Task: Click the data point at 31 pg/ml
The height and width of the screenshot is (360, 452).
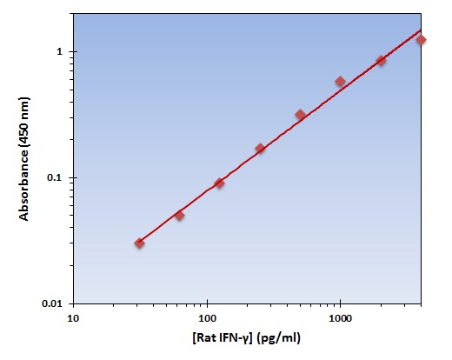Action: pyautogui.click(x=139, y=243)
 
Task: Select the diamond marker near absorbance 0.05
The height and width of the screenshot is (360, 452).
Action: pyautogui.click(x=179, y=215)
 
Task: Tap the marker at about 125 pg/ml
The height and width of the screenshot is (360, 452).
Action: pyautogui.click(x=219, y=183)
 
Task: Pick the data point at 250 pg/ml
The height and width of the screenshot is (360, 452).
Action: pyautogui.click(x=260, y=149)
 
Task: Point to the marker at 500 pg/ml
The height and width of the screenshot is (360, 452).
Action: pyautogui.click(x=300, y=115)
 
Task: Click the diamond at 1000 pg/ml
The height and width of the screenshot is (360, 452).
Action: pyautogui.click(x=340, y=82)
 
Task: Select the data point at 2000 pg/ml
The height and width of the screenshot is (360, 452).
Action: pyautogui.click(x=381, y=61)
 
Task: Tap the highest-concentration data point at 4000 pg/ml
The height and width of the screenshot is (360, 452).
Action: pyautogui.click(x=421, y=40)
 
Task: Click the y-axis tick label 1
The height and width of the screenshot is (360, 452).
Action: pyautogui.click(x=61, y=52)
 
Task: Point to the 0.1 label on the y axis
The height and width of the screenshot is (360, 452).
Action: pyautogui.click(x=57, y=177)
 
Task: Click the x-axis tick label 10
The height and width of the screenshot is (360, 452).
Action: pyautogui.click(x=73, y=318)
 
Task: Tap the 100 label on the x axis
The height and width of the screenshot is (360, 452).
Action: pyautogui.click(x=207, y=318)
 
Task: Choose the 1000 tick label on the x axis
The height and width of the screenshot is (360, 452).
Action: pyautogui.click(x=340, y=318)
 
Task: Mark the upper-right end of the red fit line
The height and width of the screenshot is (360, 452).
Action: pyautogui.click(x=421, y=29)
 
